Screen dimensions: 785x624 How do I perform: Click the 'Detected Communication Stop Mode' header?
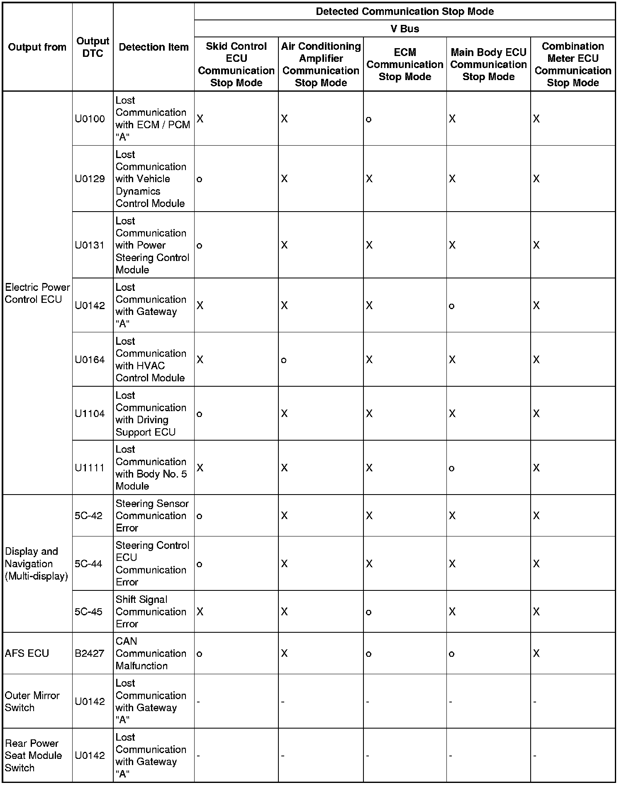point(405,11)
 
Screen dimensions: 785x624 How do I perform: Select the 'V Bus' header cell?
point(405,29)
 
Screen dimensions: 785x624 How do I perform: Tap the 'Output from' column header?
point(37,47)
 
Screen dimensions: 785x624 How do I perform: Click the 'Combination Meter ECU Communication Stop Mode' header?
point(573,64)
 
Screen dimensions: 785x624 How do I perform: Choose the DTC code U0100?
point(90,119)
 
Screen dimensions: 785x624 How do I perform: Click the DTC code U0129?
point(90,179)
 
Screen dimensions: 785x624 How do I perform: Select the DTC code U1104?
point(90,414)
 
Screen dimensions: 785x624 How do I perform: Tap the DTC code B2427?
point(90,653)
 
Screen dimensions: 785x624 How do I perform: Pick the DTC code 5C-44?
point(88,564)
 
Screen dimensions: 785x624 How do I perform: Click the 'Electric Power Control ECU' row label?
point(37,293)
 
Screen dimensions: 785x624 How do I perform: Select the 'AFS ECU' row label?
point(27,653)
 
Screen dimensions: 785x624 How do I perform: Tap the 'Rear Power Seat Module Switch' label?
point(33,756)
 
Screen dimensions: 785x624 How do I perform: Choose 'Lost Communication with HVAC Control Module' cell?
point(151,359)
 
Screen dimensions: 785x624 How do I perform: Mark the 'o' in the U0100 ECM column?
point(368,119)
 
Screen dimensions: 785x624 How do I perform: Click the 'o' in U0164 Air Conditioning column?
point(284,360)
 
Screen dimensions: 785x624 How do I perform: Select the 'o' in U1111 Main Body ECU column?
point(452,468)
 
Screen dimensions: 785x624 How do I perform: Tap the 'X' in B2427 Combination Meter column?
point(536,653)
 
